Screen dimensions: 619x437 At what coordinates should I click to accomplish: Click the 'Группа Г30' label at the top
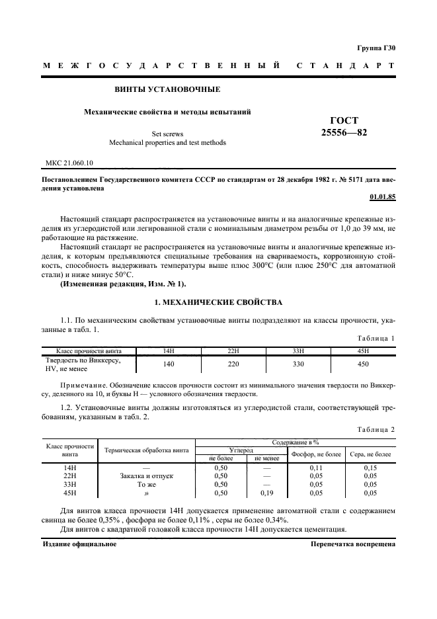click(x=376, y=48)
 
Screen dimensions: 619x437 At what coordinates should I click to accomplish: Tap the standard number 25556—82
click(x=343, y=132)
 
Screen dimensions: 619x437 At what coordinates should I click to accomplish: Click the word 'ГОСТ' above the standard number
click(x=344, y=120)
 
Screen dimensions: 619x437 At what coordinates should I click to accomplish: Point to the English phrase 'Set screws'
click(x=167, y=134)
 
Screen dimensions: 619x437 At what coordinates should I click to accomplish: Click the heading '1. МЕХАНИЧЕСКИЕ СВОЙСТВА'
click(x=218, y=302)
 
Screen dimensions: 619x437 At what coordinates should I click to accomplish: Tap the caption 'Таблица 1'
click(x=376, y=338)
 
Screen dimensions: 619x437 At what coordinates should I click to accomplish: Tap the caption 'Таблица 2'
click(x=376, y=429)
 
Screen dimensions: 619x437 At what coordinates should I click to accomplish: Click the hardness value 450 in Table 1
click(x=362, y=363)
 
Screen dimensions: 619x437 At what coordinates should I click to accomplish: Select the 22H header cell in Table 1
click(x=232, y=351)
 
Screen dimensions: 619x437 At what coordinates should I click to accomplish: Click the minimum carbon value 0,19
click(x=266, y=493)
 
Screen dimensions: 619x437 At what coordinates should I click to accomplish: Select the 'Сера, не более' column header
click(x=370, y=454)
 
